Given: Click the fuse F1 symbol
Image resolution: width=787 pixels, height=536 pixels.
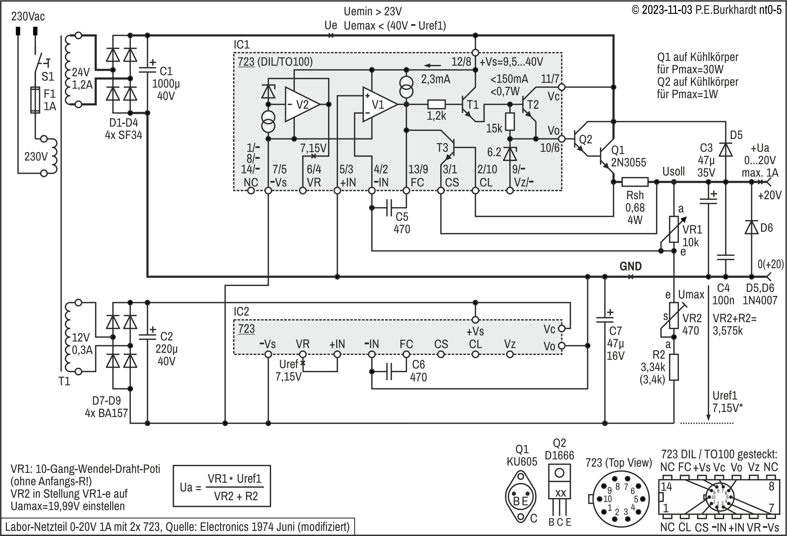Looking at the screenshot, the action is tap(35, 100).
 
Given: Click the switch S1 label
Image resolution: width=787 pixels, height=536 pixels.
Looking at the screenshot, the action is tap(47, 77).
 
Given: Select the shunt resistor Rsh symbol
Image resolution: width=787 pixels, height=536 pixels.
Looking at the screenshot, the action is tap(635, 182).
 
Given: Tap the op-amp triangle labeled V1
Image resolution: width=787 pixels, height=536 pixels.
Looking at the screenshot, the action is tap(380, 104).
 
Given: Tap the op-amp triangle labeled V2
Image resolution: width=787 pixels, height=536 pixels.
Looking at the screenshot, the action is tap(303, 104).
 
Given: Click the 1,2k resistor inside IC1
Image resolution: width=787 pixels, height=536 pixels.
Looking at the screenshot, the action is tap(437, 104).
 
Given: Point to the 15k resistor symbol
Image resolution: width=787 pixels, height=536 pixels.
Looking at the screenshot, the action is tap(510, 122).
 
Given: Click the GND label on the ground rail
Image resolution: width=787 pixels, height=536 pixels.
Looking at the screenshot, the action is tap(631, 266).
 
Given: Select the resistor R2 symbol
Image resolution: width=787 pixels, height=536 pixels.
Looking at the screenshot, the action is tap(674, 367).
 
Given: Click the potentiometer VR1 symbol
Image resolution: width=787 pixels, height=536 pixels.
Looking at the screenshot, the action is tap(674, 230).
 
